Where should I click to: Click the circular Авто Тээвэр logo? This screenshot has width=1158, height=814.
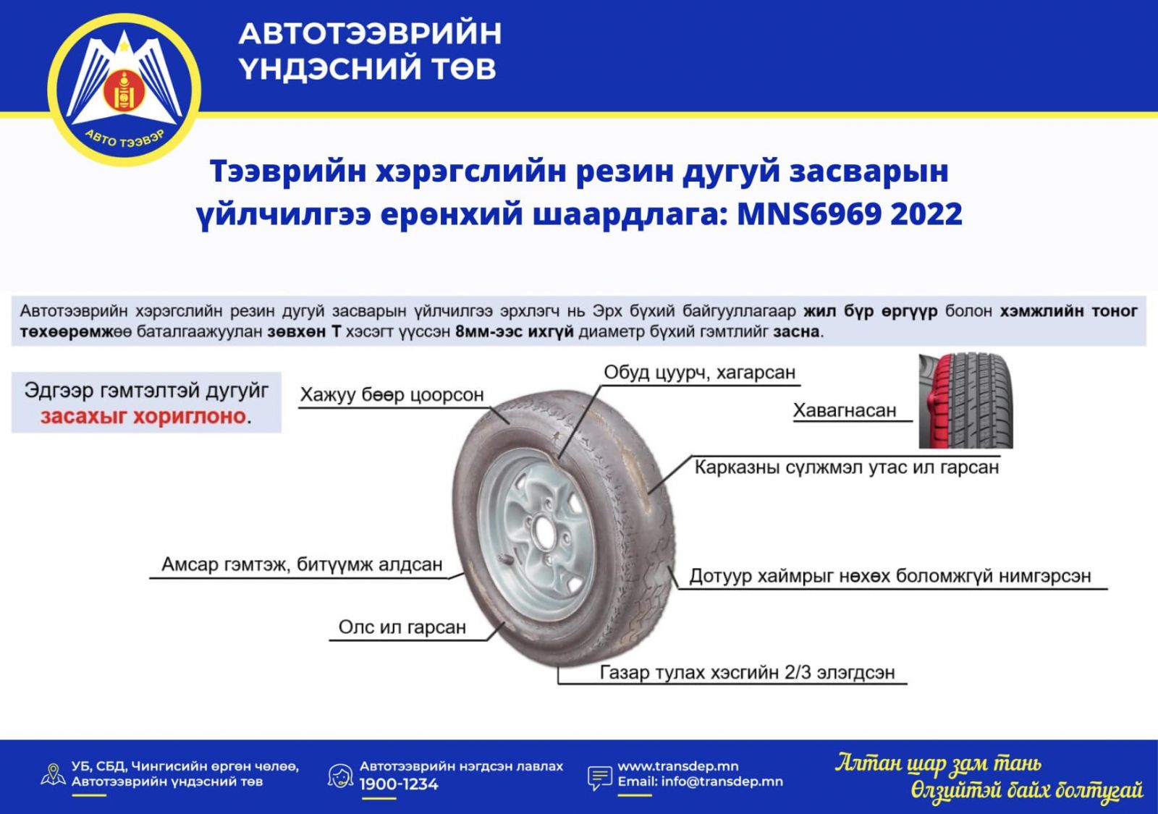point(124,90)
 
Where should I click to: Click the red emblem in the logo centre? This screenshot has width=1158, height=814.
point(124,91)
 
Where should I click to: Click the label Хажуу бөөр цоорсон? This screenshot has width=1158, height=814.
point(392,395)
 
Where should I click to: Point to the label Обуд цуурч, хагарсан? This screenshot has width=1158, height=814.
point(699,372)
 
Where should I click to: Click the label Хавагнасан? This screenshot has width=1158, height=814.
point(845,410)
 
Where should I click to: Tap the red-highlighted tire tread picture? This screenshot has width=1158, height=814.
point(965,401)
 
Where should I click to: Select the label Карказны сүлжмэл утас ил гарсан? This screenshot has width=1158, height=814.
point(846,467)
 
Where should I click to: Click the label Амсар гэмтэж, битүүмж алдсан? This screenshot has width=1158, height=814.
point(302,564)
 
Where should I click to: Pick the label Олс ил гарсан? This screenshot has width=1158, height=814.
point(402,627)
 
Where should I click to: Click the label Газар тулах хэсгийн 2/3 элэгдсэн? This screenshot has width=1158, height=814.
point(747,672)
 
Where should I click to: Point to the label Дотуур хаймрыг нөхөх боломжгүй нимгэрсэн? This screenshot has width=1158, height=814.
point(890,576)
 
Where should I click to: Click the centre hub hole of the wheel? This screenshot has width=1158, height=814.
point(544,533)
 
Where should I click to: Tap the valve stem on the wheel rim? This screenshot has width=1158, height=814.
point(507,559)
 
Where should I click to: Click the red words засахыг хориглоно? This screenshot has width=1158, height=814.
point(143,416)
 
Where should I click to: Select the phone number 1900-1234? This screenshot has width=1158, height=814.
point(399,784)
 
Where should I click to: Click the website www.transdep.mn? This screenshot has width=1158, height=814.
point(677,766)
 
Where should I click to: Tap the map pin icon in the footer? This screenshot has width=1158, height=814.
point(53,775)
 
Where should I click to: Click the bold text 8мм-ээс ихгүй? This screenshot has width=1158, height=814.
point(515,332)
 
